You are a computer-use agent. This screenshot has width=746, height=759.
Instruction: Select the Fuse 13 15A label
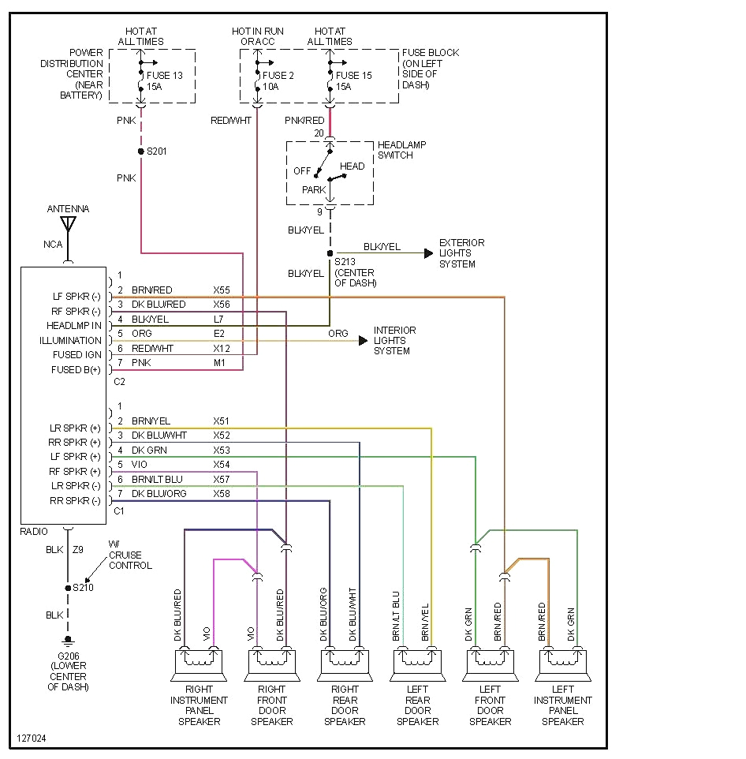coord(164,81)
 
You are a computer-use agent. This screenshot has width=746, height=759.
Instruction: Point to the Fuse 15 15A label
coord(353,81)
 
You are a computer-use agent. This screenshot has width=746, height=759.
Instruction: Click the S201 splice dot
coord(141,151)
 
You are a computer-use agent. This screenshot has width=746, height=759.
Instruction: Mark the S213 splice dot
coord(330,253)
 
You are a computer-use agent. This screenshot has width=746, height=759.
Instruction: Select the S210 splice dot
coord(68,587)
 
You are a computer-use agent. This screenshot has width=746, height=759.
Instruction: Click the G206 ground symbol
coord(68,640)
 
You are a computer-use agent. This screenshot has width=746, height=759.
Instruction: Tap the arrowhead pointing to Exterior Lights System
coord(428,253)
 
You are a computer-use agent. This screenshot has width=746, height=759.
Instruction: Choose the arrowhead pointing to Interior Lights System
coord(363,340)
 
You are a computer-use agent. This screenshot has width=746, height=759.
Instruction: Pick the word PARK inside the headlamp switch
coord(314,190)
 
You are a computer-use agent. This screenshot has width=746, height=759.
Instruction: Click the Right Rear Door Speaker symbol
coord(345,664)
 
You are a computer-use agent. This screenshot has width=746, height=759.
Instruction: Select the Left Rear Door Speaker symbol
coord(417,664)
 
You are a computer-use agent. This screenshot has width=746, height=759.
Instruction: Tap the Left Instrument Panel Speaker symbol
coord(563,664)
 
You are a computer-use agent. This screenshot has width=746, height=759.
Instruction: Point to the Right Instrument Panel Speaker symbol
coord(199,664)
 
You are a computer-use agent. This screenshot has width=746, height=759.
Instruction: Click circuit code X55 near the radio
coord(222,290)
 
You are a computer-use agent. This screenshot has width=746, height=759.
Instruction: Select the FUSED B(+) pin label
coord(76,369)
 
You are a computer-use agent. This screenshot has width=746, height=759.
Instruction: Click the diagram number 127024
coord(32,739)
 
